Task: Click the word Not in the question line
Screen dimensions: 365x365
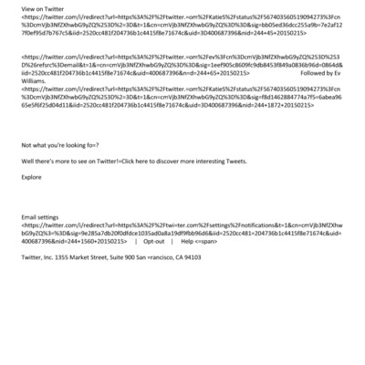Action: [x=26, y=144]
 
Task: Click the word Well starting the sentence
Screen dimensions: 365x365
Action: [x=28, y=161]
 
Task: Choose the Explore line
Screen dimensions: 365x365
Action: [x=31, y=177]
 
